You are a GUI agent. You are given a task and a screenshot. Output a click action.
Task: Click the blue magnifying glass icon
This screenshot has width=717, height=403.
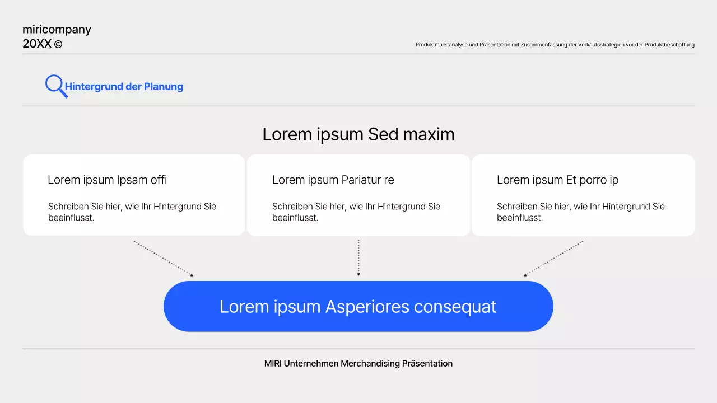(55, 85)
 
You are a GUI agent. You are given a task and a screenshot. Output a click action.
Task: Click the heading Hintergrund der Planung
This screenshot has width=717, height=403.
(124, 87)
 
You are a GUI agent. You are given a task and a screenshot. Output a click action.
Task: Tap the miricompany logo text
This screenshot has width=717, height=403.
(57, 30)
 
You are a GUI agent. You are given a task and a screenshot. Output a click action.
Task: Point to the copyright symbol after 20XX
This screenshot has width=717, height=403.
(58, 44)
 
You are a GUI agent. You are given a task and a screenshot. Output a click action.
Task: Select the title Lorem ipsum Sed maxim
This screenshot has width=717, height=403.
(358, 134)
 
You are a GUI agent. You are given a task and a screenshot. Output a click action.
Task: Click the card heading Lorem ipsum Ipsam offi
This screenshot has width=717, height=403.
(107, 180)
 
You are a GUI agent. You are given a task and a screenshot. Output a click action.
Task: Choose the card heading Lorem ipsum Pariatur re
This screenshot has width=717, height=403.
(333, 180)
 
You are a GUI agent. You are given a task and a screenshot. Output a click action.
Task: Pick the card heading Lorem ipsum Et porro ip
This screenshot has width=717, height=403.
(557, 180)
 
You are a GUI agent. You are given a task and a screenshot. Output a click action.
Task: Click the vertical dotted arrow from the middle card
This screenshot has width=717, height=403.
(358, 257)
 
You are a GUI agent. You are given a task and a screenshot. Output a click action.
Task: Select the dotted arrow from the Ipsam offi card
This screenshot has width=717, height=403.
(163, 258)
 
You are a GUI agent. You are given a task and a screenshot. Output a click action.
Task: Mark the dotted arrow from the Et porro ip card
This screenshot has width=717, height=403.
(553, 258)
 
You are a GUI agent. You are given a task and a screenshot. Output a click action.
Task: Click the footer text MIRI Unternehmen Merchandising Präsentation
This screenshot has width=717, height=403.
(358, 364)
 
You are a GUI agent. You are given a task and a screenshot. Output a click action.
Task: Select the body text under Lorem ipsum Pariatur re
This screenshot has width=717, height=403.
(356, 212)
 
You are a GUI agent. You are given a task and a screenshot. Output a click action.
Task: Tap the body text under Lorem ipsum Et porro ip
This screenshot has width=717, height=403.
(581, 212)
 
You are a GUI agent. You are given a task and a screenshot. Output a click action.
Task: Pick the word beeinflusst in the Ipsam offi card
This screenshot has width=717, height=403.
(71, 218)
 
